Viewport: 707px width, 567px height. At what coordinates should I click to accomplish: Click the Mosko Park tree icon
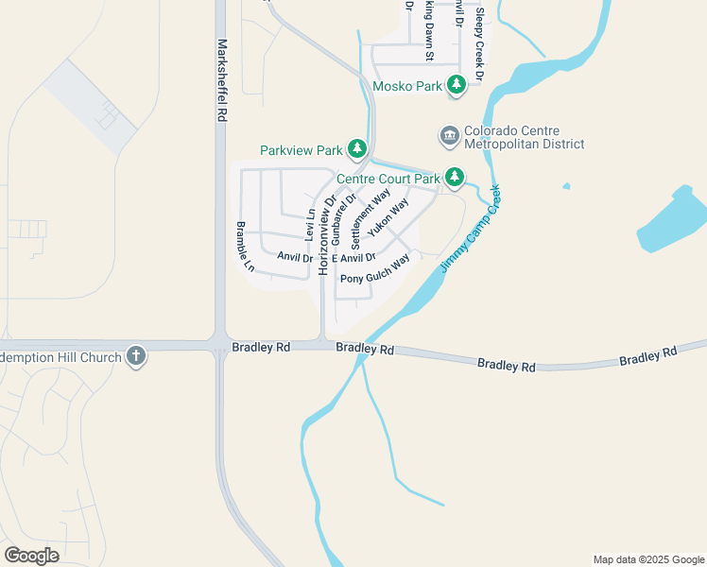457,86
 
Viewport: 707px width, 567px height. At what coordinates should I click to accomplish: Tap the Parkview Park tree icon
356,149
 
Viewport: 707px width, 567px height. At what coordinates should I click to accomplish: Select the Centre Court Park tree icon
455,177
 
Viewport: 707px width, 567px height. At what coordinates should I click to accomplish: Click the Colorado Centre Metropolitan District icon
449,137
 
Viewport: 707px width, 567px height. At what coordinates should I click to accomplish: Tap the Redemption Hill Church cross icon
137,357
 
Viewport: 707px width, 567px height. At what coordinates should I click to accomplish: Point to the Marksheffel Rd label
223,78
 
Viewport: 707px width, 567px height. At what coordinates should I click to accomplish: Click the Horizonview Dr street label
327,235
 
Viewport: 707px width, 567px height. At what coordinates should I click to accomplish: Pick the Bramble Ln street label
245,247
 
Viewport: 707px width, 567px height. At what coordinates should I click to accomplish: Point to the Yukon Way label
388,217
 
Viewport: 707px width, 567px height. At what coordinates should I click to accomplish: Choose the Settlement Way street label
371,217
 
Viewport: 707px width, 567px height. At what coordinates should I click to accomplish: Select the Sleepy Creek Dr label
480,43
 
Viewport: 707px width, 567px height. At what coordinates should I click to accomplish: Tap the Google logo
31,555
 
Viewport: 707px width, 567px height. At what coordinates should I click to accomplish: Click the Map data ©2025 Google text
647,559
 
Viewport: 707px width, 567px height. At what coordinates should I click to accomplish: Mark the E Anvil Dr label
353,257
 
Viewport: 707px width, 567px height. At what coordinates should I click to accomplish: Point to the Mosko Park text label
408,86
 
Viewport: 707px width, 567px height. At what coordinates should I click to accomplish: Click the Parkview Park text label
301,150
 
